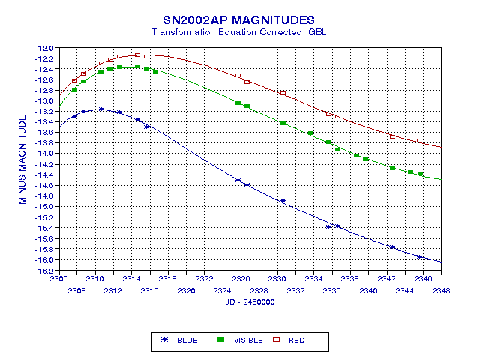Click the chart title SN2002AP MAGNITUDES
tap(238, 19)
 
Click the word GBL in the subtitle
tap(317, 33)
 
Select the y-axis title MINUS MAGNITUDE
tap(23, 159)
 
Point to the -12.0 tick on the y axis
tap(46, 48)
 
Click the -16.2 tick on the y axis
tap(46, 270)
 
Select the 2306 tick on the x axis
tap(58, 279)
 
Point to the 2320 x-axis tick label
tap(186, 290)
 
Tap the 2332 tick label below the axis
tap(295, 290)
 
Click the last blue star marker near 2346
tap(420, 257)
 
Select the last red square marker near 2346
tap(420, 141)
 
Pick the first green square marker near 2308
tap(74, 89)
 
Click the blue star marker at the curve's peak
tap(102, 109)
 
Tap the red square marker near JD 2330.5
tap(283, 93)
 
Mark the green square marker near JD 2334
tap(310, 133)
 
